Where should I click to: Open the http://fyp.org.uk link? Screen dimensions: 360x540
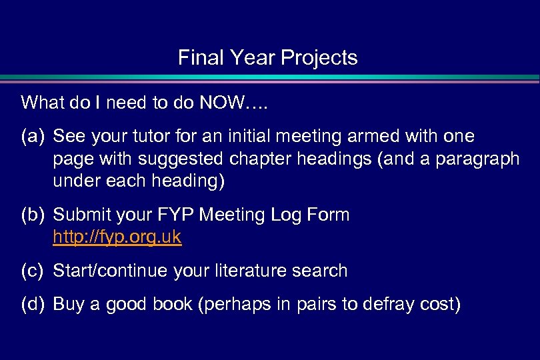[117, 237]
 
